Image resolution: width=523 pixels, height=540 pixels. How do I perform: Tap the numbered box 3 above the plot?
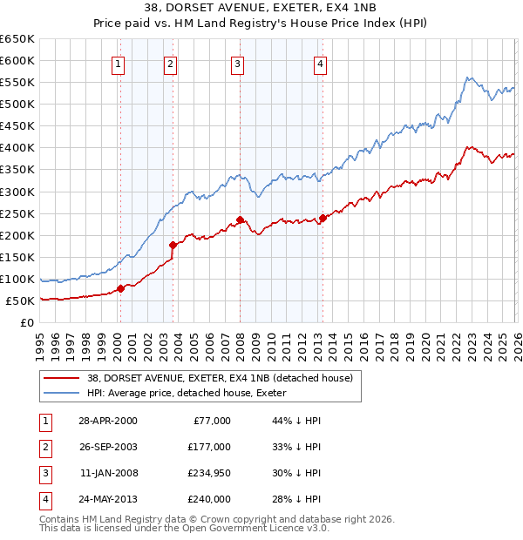click(x=237, y=63)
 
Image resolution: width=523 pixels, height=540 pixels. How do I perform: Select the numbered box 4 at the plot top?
click(x=321, y=63)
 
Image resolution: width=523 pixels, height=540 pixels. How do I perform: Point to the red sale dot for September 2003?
click(x=173, y=245)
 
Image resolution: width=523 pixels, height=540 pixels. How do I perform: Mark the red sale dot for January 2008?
click(x=240, y=219)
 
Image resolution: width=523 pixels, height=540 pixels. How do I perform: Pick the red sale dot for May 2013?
click(x=323, y=218)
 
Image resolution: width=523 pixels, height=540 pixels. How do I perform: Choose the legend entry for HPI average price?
click(x=192, y=394)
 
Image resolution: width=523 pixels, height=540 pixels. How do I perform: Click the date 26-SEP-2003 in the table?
click(x=107, y=447)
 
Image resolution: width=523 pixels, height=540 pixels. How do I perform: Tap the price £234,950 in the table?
click(x=208, y=473)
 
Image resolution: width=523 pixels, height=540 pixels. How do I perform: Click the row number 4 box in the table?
click(x=44, y=499)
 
